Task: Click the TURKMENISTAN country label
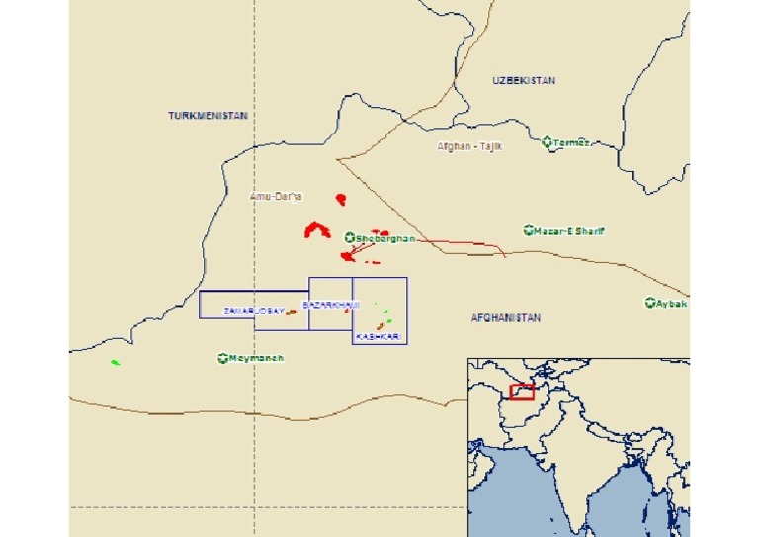(x=208, y=116)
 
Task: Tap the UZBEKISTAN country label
(x=523, y=80)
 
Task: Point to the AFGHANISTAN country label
(x=506, y=317)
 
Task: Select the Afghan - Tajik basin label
(x=470, y=146)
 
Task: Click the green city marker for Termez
(x=548, y=142)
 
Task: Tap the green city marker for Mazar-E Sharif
(x=529, y=231)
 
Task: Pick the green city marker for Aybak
(x=650, y=303)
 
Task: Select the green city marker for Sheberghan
(x=349, y=238)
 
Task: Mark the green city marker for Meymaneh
(x=222, y=357)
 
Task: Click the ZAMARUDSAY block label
(x=254, y=311)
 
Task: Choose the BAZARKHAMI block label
(x=331, y=304)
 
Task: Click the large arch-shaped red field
(x=316, y=231)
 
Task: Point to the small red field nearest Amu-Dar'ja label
(x=341, y=199)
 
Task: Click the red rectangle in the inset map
(x=522, y=391)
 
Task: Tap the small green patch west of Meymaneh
(x=115, y=362)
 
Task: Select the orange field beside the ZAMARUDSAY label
(x=292, y=312)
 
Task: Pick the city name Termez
(x=572, y=142)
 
